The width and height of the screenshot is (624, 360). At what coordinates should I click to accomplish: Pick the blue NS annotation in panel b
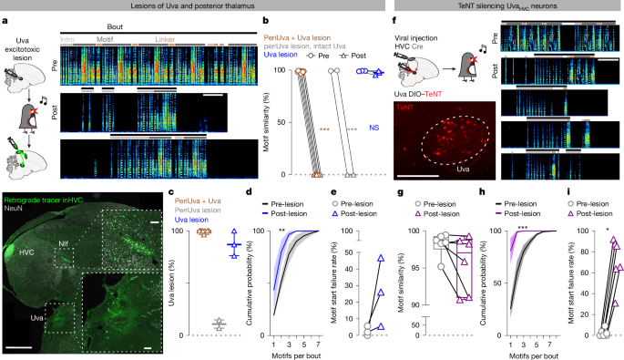tap(374, 129)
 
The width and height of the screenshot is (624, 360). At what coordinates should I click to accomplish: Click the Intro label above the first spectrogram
tap(92, 42)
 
